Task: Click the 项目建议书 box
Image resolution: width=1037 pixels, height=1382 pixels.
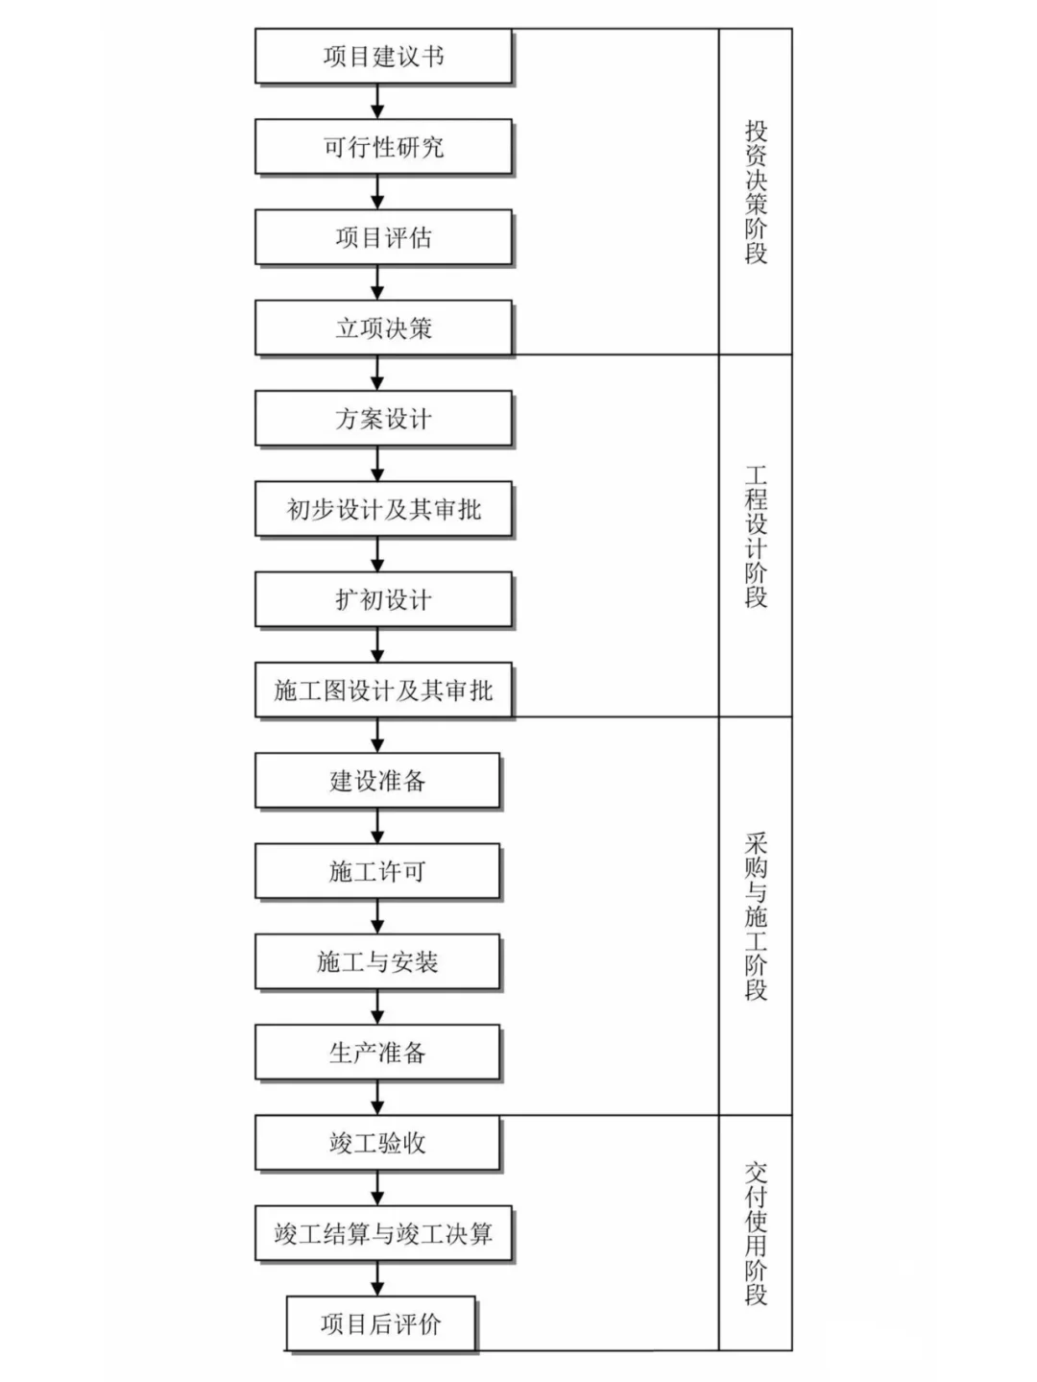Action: click(x=383, y=56)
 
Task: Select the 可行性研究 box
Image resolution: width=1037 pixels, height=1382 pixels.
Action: click(x=383, y=147)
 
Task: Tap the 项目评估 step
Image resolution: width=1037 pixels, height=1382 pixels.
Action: click(x=383, y=237)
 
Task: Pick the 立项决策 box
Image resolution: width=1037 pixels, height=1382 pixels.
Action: click(x=383, y=328)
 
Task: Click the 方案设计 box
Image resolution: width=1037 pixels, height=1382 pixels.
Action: click(x=383, y=419)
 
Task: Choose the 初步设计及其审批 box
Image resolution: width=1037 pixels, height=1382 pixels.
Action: click(x=383, y=509)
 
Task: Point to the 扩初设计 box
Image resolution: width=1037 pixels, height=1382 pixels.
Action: click(x=383, y=600)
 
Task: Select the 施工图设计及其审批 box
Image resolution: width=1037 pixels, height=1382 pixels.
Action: click(x=383, y=691)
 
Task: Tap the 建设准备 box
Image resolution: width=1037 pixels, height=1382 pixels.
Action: click(x=377, y=781)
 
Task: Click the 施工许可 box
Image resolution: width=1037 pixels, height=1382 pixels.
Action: click(x=377, y=871)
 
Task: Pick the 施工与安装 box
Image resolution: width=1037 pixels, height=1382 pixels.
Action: click(x=377, y=961)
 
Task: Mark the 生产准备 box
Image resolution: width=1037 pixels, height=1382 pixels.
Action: click(x=377, y=1053)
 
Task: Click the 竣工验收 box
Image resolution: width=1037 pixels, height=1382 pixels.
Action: click(x=377, y=1143)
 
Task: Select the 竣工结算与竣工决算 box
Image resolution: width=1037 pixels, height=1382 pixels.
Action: click(x=383, y=1233)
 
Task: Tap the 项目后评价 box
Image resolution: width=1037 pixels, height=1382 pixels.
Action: click(x=380, y=1324)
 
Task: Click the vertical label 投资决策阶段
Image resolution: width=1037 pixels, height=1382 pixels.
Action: click(x=756, y=192)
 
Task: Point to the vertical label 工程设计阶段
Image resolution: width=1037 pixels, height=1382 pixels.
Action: click(x=756, y=536)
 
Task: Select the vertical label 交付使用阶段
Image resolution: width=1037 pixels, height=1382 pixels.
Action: click(x=756, y=1233)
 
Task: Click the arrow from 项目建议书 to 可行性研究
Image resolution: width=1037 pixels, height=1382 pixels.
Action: click(x=377, y=102)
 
